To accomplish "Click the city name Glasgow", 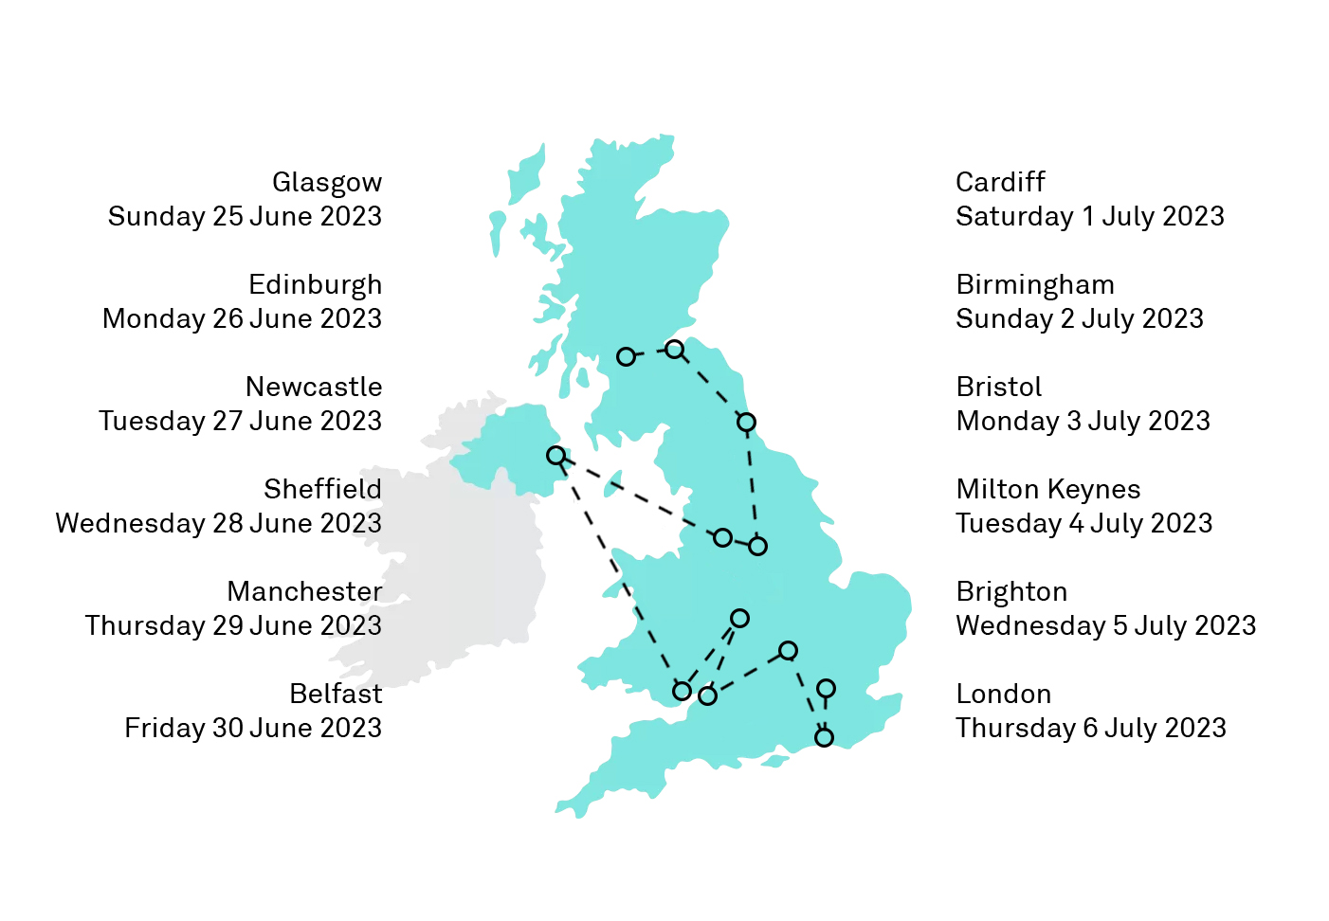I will coord(326,182).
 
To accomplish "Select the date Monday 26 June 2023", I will coord(242,318).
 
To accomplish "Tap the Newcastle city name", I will coord(314,387).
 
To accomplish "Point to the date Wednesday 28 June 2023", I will coord(218,523).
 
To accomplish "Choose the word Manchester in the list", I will coord(304,591).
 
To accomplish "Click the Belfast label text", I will coord(336,694).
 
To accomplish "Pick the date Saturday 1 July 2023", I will coord(1089,216).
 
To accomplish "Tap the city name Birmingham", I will coord(1034,284).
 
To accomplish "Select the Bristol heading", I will coord(998,387).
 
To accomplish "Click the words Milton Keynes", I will coord(1047,489).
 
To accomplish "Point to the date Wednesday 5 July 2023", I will coord(1105,625).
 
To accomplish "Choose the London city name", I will coord(1003,694).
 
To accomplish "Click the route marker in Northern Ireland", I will coord(556,456).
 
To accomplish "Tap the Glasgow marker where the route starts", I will coord(626,356).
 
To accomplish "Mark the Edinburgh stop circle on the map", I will coord(674,350).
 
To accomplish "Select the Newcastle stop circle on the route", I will coord(746,422).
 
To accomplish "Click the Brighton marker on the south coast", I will coord(824,736).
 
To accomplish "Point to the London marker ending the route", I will coord(826,688).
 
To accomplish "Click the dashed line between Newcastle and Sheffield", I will coord(752,483).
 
